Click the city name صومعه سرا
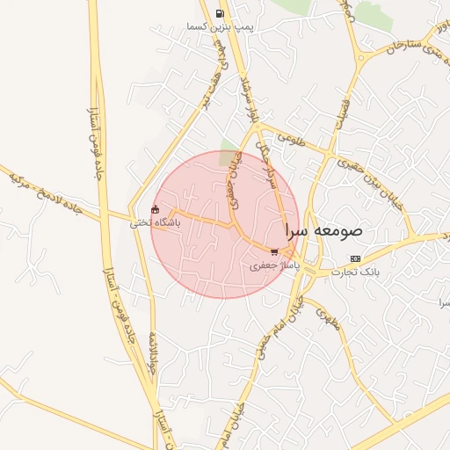pyautogui.click(x=323, y=231)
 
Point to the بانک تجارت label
pyautogui.click(x=355, y=272)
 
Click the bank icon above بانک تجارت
pyautogui.click(x=355, y=258)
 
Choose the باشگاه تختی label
pyautogui.click(x=155, y=223)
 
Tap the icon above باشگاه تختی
pyautogui.click(x=156, y=210)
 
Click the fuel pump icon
pyautogui.click(x=219, y=14)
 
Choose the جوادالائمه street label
pyautogui.click(x=151, y=352)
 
